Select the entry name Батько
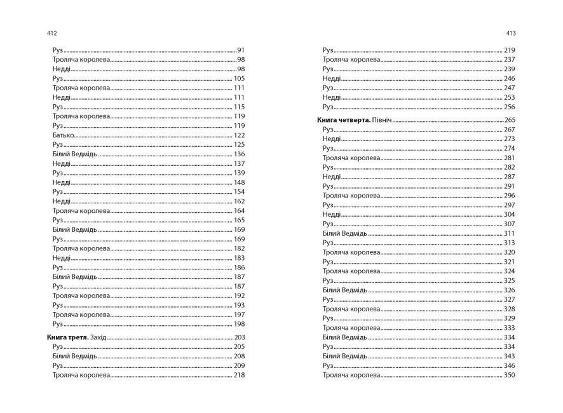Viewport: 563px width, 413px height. [64, 135]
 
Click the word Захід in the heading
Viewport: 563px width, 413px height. [99, 337]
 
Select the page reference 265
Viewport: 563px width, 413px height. [509, 120]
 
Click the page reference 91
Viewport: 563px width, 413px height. [241, 50]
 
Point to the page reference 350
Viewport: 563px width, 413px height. [509, 376]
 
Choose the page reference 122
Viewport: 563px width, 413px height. [240, 135]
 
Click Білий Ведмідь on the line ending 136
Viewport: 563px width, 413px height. [75, 154]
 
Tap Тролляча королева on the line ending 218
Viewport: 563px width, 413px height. [81, 376]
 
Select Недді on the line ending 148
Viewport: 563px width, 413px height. [62, 182]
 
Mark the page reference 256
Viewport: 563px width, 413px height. [509, 107]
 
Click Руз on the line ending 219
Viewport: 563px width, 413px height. [328, 50]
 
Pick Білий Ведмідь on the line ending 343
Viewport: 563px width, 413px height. [344, 356]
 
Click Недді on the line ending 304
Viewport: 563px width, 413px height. [331, 215]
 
